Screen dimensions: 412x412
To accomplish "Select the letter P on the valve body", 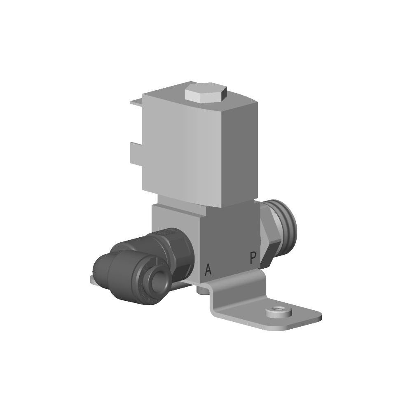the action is click(x=253, y=258).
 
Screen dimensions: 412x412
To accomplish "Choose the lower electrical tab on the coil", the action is click(x=136, y=154).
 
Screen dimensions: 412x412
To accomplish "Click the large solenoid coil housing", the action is click(x=200, y=145).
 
